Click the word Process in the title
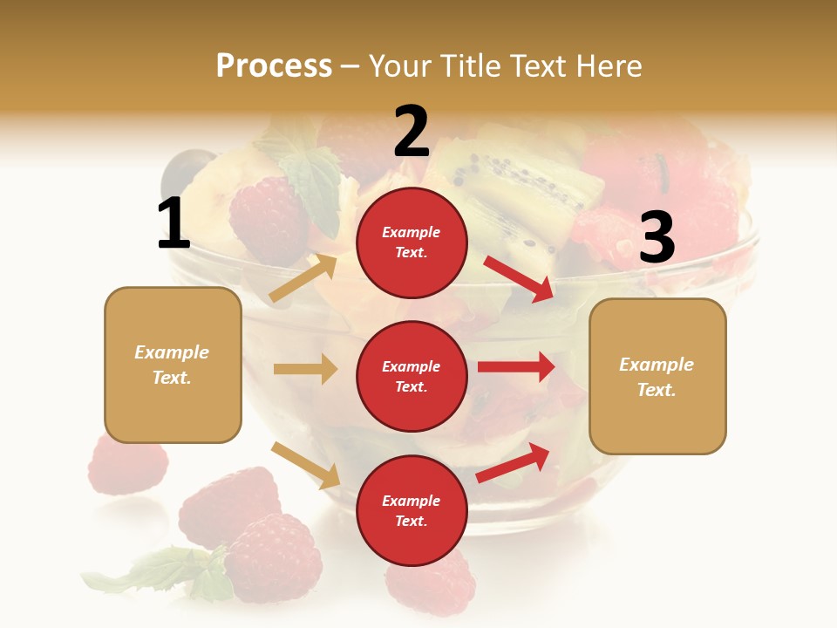coord(274,65)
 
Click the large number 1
coord(174,223)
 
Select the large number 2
coord(412,131)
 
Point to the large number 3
coord(657,237)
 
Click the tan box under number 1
coord(173,365)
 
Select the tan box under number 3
coord(657,376)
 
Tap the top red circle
coord(412,242)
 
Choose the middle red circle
coord(412,376)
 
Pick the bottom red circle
coord(412,510)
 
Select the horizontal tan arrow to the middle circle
coord(305,369)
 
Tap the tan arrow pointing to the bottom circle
coord(306,465)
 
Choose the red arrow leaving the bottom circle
coord(513,462)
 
